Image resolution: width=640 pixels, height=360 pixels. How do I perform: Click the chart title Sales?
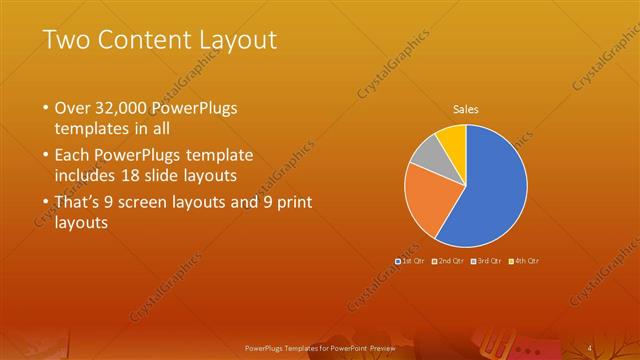pos(465,109)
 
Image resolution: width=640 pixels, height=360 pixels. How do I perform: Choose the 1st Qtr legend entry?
pos(410,260)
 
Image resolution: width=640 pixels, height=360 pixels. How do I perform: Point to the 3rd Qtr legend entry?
pos(485,260)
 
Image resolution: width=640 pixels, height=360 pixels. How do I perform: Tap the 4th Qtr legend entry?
pos(524,260)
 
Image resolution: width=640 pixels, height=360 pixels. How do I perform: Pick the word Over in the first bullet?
pos(71,107)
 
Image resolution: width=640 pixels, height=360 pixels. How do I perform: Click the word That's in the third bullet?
pos(79,202)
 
